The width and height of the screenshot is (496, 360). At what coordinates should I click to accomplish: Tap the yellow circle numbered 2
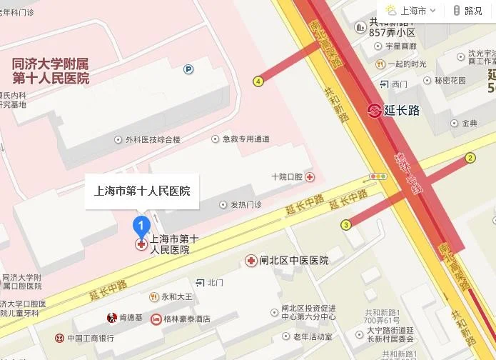pos(470,158)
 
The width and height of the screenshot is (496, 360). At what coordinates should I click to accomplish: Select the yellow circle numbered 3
pos(346,225)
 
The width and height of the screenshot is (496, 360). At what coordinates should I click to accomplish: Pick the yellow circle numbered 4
pos(258,81)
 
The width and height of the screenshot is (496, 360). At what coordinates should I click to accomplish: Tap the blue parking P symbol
pos(188,69)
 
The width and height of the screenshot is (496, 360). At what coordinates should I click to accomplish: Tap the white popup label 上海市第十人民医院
pos(142,191)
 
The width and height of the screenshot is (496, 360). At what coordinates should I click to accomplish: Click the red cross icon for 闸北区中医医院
pos(251,261)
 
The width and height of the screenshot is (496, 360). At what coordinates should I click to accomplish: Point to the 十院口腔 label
pos(288,176)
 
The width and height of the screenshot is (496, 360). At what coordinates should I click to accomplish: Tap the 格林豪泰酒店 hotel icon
pos(156,319)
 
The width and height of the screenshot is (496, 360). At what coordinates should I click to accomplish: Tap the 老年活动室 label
pos(313,336)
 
